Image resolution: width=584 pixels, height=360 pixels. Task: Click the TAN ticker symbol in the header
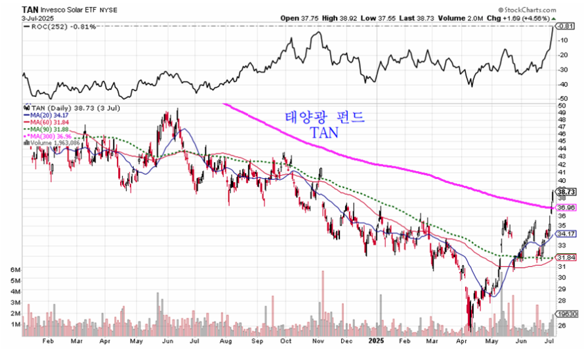(30, 10)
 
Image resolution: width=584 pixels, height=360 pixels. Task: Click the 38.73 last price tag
(566, 192)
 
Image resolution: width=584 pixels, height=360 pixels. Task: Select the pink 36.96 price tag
(566, 207)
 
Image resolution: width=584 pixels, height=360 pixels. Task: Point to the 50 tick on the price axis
(562, 105)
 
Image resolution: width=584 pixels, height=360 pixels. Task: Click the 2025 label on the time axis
(376, 341)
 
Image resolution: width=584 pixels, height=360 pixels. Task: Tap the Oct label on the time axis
(285, 341)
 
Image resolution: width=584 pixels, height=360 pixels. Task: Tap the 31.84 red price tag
(566, 257)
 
